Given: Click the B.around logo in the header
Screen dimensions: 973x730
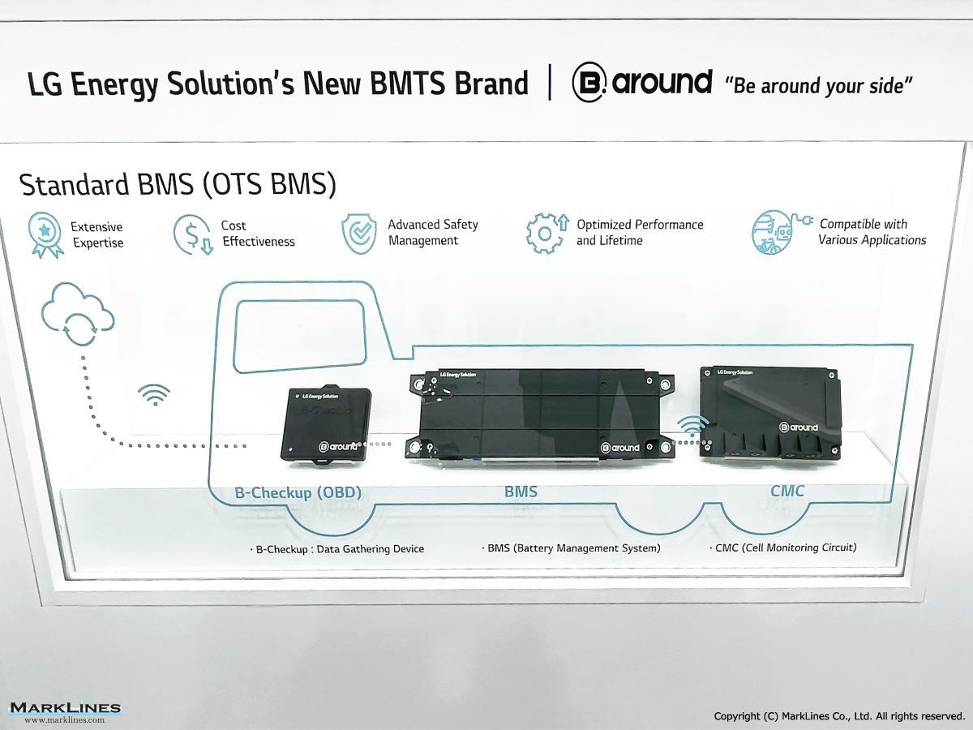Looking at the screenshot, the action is pos(642,83).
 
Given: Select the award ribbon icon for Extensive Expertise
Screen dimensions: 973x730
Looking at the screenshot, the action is pos(45,234).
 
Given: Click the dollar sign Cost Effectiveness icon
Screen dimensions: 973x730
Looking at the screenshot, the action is pos(193,234).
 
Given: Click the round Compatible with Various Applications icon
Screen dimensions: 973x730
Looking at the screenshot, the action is pos(781,232).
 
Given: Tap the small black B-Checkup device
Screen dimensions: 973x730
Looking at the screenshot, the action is pos(326,424).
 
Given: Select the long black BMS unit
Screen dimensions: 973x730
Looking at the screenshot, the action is pos(540,414).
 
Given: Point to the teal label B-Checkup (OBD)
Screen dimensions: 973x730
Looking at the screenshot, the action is pos(298,492).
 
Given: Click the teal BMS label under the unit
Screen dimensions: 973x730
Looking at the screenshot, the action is pos(521,492).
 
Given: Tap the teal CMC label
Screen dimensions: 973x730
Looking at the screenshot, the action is pos(787,491).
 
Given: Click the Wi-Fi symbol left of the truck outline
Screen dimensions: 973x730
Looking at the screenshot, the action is pos(154,394).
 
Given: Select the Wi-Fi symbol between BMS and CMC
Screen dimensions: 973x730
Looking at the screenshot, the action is pos(692,426).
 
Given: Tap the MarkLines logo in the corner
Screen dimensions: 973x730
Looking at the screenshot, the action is pos(65,712).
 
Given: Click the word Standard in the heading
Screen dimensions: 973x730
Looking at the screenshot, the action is pos(74,184).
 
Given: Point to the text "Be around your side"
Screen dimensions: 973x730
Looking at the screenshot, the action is pos(818,85).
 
